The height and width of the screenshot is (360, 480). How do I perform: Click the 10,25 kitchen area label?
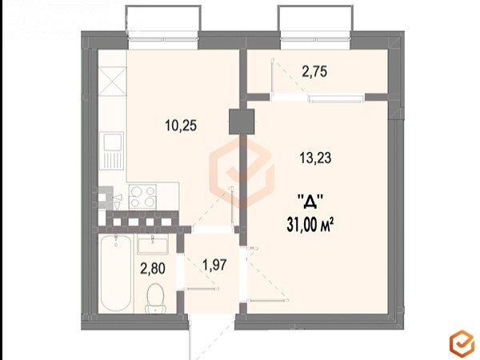click(x=181, y=126)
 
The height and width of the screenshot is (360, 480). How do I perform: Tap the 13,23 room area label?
click(x=315, y=158)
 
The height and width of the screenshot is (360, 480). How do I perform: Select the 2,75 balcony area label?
click(x=314, y=72)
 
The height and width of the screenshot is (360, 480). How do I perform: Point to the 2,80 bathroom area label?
click(x=153, y=269)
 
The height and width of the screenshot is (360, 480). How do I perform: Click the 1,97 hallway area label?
click(x=214, y=265)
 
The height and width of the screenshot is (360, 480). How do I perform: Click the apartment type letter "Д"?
click(x=310, y=202)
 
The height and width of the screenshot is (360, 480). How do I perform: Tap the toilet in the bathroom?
click(x=156, y=298)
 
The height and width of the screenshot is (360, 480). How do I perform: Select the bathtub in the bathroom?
click(x=116, y=273)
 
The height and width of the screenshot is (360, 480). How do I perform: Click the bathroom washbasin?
click(x=153, y=245)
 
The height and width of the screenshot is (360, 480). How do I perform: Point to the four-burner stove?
click(x=142, y=197)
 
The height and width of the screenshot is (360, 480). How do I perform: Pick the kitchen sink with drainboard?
click(x=113, y=150)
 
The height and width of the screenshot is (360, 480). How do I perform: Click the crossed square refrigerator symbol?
click(x=112, y=82)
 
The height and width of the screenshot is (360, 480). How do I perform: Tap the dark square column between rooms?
click(x=242, y=122)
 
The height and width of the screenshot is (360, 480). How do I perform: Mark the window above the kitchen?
click(x=163, y=39)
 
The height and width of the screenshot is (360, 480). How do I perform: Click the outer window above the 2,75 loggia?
click(x=315, y=39)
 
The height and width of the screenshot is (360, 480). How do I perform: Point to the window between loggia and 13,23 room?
click(x=336, y=98)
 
